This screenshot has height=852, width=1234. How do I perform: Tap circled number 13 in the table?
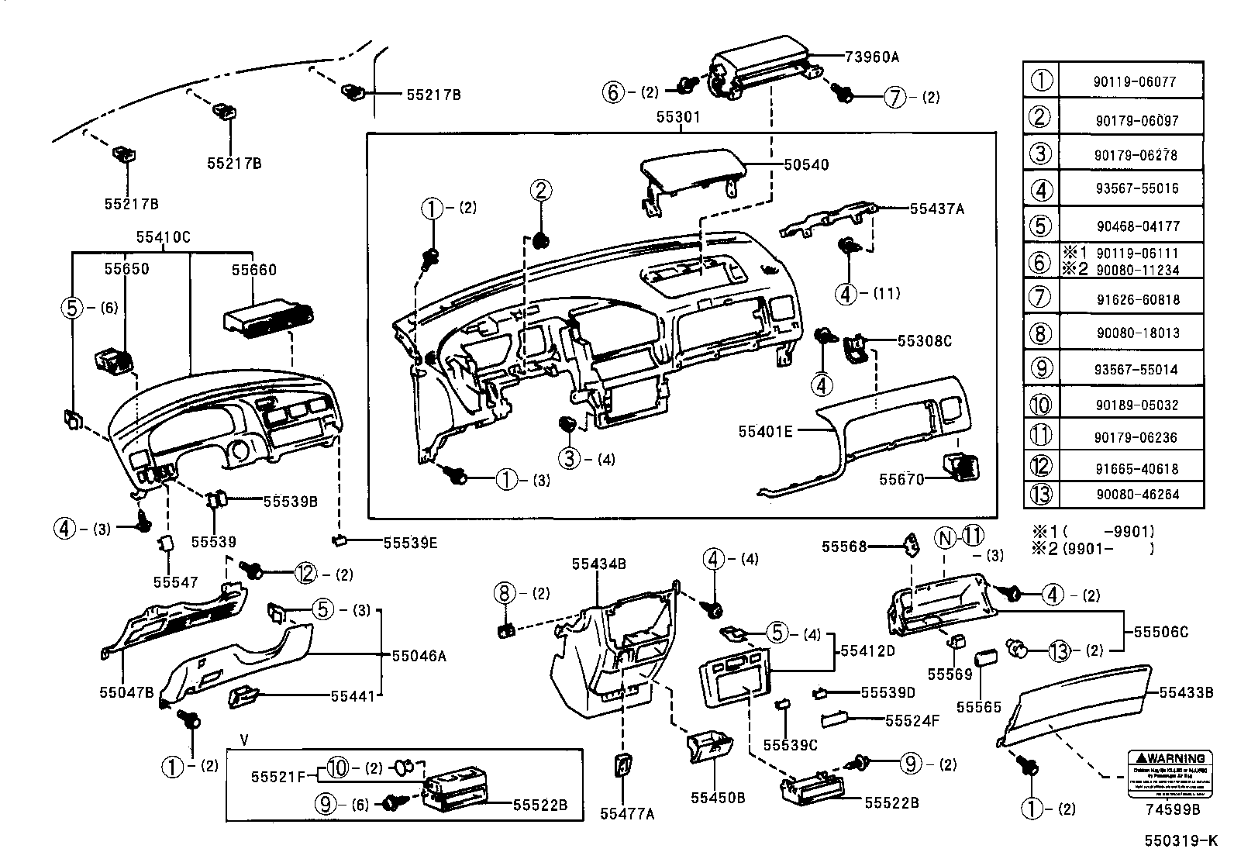(1040, 494)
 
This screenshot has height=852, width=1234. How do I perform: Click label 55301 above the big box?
(678, 117)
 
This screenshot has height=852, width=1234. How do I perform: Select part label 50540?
(806, 164)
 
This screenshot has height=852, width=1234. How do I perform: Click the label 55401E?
(765, 431)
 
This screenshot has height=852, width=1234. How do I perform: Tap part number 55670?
(901, 480)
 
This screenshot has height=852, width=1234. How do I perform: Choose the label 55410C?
(163, 237)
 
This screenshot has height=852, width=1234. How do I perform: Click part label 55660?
(253, 270)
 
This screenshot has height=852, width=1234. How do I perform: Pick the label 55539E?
(410, 543)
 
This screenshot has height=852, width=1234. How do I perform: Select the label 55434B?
(598, 564)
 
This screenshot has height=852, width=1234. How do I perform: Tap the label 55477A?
(627, 813)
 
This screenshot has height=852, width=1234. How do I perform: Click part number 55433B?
(1186, 692)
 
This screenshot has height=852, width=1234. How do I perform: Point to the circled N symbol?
(943, 536)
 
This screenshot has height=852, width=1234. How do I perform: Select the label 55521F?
(278, 775)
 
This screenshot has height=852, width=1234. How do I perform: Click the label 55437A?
(936, 209)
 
